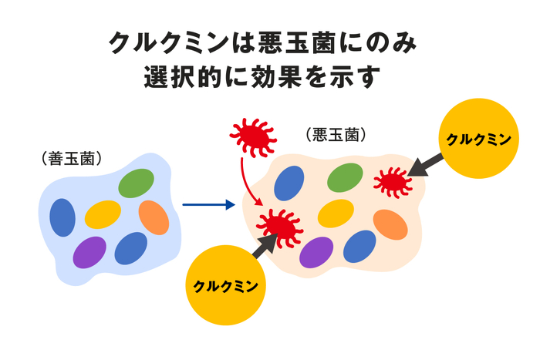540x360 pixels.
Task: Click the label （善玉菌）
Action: (x=73, y=159)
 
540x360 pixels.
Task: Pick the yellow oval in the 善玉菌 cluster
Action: (x=103, y=215)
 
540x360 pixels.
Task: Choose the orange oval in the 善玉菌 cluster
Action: (x=154, y=217)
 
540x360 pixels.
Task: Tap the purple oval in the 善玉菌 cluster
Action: (x=90, y=251)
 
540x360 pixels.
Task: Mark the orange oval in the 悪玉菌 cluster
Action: (x=390, y=224)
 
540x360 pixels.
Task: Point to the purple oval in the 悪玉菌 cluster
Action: (x=316, y=251)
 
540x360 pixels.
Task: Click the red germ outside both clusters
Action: (x=251, y=136)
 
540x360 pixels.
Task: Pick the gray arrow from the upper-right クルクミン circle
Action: (x=427, y=163)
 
